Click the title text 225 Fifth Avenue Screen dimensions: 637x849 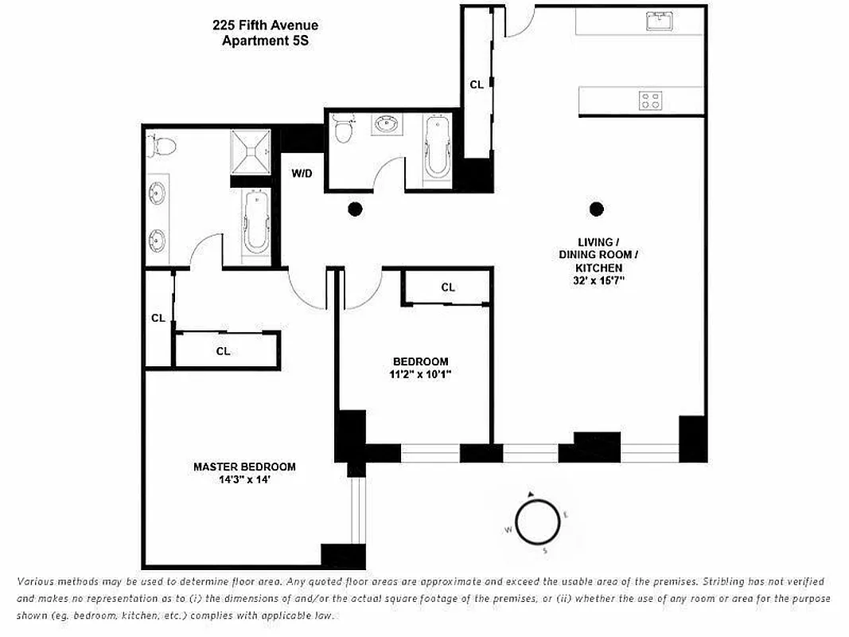(x=265, y=26)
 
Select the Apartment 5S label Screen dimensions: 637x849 (x=265, y=41)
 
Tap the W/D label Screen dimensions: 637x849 (x=302, y=172)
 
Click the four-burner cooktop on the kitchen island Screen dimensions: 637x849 (x=650, y=100)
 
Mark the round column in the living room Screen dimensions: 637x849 (x=596, y=209)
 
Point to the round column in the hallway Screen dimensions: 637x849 (x=355, y=209)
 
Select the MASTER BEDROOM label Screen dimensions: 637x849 (x=244, y=467)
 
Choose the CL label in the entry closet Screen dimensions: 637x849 (x=477, y=84)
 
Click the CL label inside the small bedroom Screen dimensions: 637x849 (x=448, y=287)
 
